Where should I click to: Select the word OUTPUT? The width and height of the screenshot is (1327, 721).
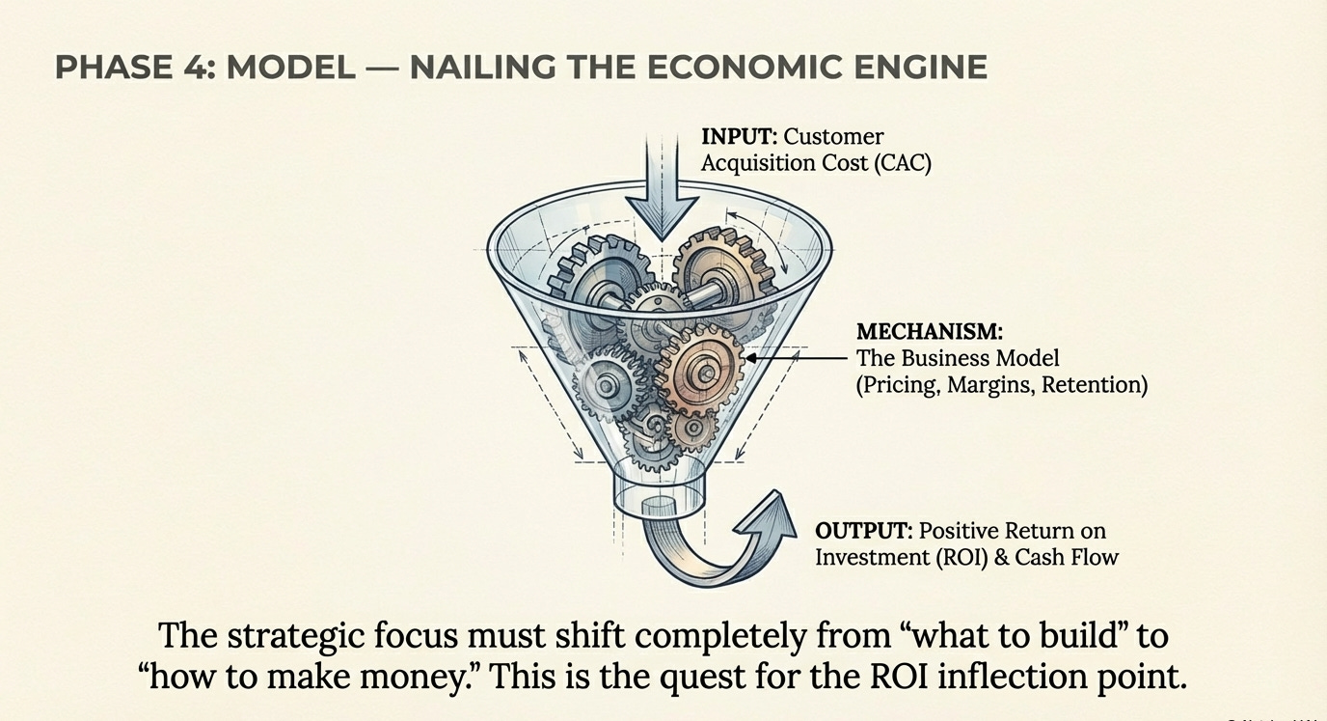pos(863,531)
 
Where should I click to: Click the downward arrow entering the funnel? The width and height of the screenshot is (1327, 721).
pos(661,188)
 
